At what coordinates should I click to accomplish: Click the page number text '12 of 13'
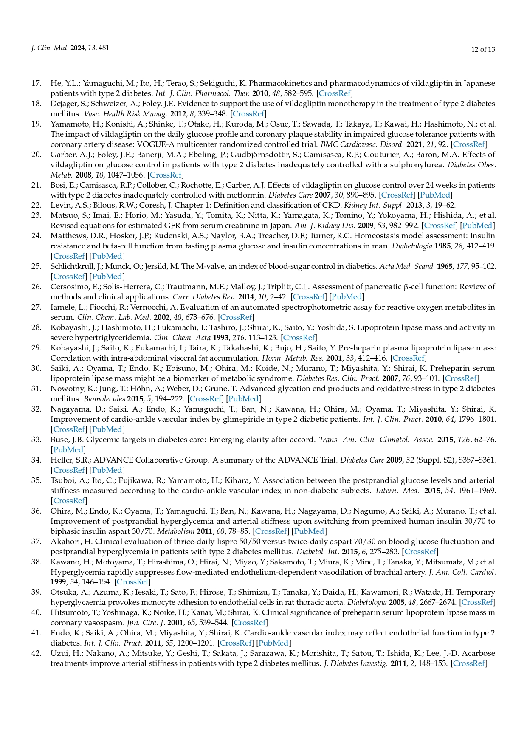[x=483, y=49]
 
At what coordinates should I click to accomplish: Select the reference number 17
[x=36, y=83]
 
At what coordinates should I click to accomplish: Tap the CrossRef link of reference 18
[x=248, y=114]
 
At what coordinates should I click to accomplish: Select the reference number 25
[x=36, y=267]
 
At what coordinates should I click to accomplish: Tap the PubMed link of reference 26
[x=346, y=297]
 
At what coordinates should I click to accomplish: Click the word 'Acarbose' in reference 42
[x=481, y=653]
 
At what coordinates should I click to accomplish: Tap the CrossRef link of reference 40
[x=249, y=623]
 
